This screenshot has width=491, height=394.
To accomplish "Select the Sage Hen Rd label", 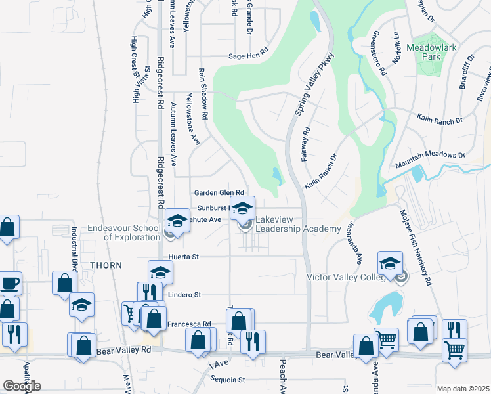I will (249, 56).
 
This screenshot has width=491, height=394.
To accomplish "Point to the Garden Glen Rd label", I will (219, 192).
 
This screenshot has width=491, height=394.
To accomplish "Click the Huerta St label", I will (183, 257).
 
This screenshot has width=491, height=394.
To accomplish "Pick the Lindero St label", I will (184, 295).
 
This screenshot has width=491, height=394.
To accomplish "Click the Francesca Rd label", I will (188, 324).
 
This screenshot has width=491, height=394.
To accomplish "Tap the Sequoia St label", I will (227, 380).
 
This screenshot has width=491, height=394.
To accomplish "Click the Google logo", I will (22, 385).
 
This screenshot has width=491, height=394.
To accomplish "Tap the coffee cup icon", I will (9, 284).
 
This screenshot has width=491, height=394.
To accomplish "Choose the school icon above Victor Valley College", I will (390, 263).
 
